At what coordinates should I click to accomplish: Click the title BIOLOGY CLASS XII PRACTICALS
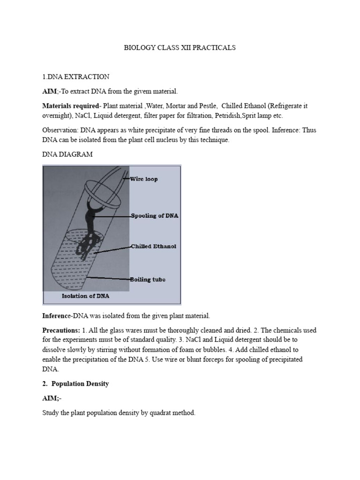tap(179, 48)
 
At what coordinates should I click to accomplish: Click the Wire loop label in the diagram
tap(145, 179)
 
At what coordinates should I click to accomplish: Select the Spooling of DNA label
tap(155, 216)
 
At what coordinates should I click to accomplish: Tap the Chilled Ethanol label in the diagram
tap(154, 246)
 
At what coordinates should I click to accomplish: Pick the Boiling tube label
tap(148, 279)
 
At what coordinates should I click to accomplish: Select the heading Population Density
tap(80, 383)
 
